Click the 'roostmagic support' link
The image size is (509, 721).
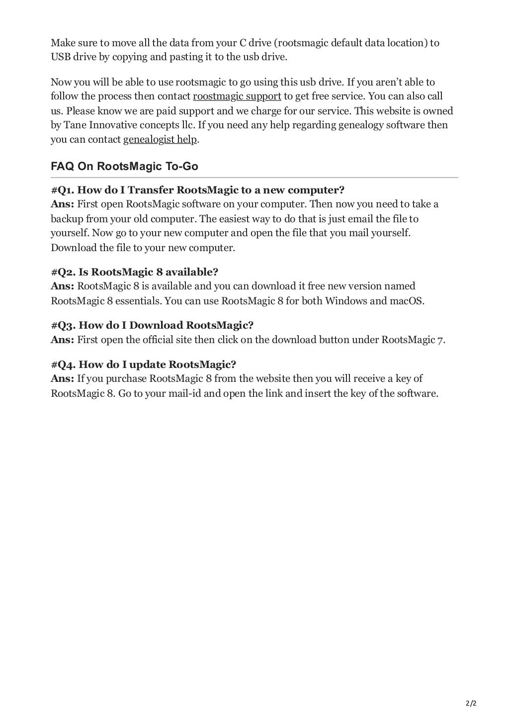[237, 96]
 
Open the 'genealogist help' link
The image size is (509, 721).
[160, 139]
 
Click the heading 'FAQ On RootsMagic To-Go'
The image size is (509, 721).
[124, 166]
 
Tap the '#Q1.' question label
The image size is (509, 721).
[63, 190]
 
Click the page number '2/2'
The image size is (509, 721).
[471, 704]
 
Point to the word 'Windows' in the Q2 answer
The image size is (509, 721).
[344, 301]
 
